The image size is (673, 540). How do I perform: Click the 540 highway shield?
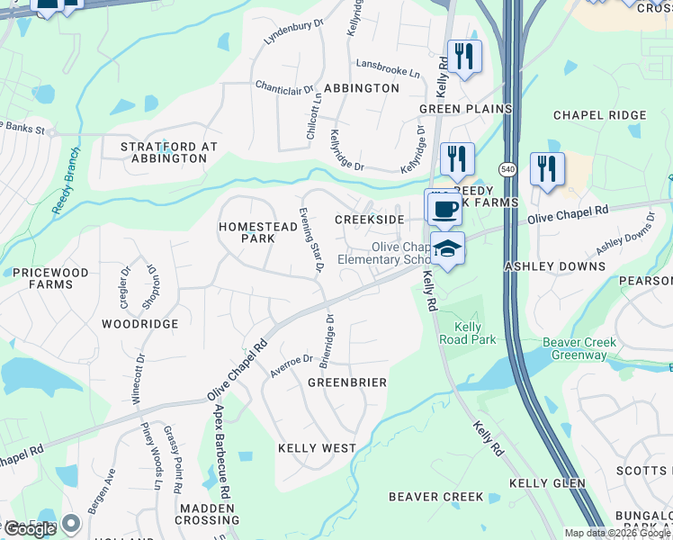pos(508,168)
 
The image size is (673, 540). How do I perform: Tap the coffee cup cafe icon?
pos(443,209)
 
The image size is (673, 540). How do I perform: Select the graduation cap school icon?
pos(447,249)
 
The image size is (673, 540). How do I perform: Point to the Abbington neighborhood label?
pos(361,88)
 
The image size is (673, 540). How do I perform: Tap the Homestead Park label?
pos(258,232)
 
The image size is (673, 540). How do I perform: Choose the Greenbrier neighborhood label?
pos(347,382)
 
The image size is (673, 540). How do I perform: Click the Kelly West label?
pos(317,448)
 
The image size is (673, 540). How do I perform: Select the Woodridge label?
pos(139,324)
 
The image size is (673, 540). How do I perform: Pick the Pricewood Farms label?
pos(50,278)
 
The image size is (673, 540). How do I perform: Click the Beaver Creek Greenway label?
pos(575,349)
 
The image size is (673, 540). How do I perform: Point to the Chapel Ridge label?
pos(599,115)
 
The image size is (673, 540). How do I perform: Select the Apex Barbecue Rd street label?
pos(222,452)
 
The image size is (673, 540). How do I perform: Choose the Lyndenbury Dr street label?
pos(293,32)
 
